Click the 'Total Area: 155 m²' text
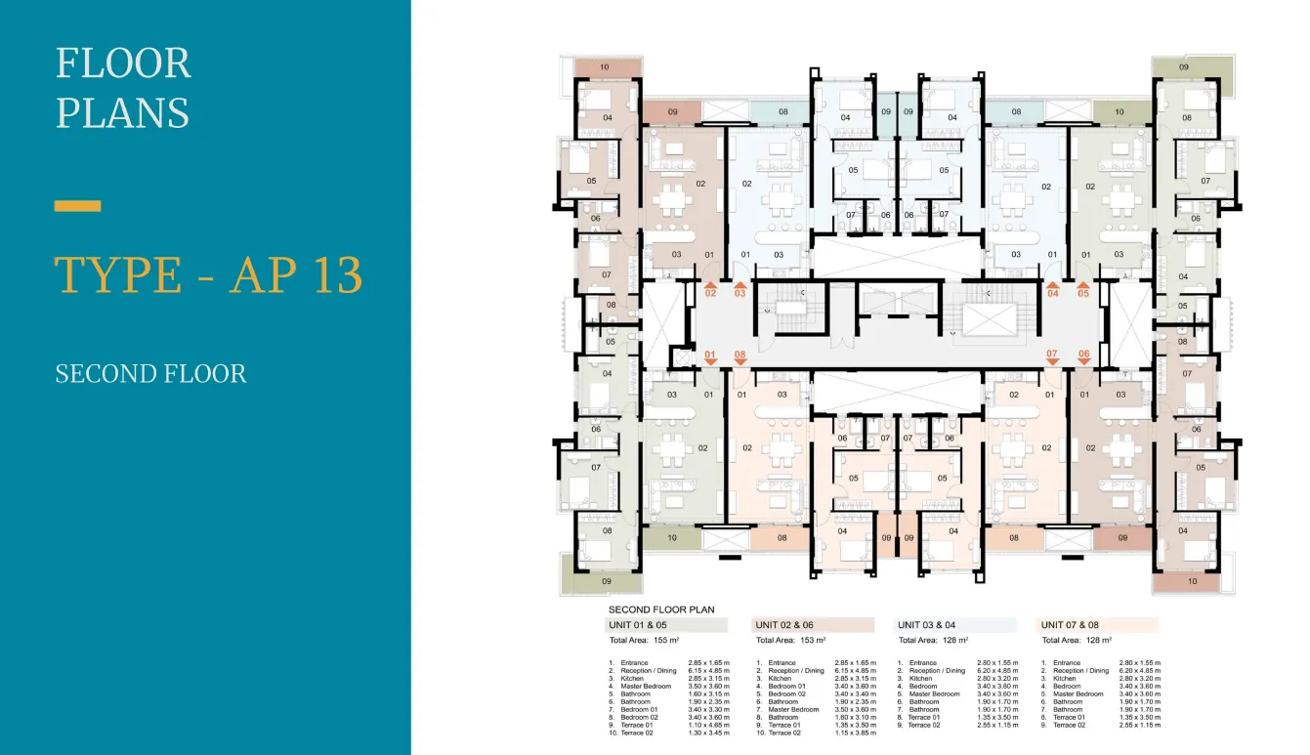point(645,641)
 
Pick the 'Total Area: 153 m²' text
point(791,641)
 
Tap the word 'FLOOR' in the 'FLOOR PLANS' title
point(123,64)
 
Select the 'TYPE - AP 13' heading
point(208,275)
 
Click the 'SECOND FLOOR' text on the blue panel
point(150,374)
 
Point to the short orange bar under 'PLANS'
point(78,206)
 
